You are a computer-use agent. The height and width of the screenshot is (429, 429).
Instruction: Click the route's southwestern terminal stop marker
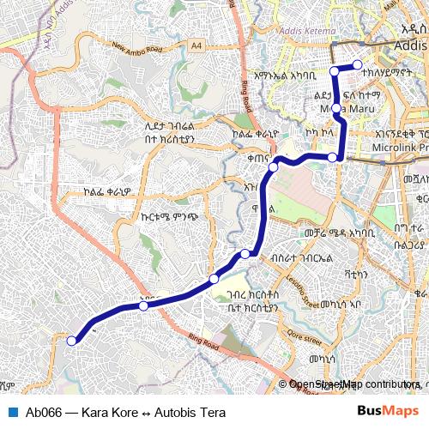click(72, 341)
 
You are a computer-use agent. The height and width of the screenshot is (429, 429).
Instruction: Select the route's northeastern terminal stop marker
click(359, 64)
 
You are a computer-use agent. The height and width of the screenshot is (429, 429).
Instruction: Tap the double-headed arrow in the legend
click(145, 413)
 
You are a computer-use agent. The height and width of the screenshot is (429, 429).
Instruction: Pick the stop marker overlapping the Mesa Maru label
click(337, 109)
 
